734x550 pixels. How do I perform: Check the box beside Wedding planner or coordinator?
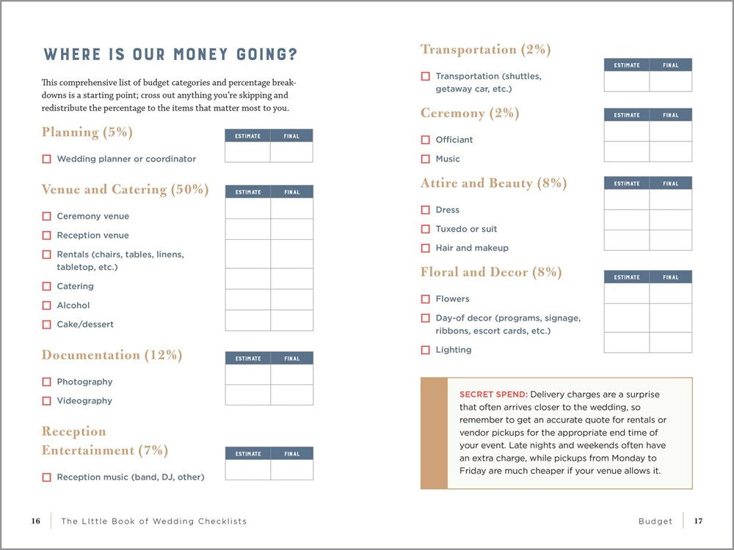[46, 159]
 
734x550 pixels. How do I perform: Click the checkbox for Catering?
[46, 287]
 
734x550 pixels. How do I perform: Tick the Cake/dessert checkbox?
[46, 325]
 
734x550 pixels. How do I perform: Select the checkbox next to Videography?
[46, 401]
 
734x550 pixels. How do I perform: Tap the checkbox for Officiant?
[425, 140]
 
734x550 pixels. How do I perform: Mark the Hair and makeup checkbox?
[425, 249]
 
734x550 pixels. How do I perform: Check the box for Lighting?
[425, 351]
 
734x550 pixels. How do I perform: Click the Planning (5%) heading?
[87, 133]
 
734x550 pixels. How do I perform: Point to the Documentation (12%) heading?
[112, 355]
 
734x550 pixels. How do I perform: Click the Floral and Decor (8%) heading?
[491, 272]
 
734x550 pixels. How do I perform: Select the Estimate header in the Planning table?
[247, 136]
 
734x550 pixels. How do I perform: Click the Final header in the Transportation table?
[670, 65]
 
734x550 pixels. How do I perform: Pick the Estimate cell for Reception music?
[247, 470]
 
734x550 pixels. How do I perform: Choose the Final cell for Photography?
[291, 375]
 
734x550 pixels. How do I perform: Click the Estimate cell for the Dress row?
[626, 200]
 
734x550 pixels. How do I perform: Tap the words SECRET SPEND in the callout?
[493, 395]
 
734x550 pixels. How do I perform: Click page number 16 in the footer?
[35, 521]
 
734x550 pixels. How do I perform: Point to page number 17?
[698, 521]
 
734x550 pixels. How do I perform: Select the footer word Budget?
[655, 521]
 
